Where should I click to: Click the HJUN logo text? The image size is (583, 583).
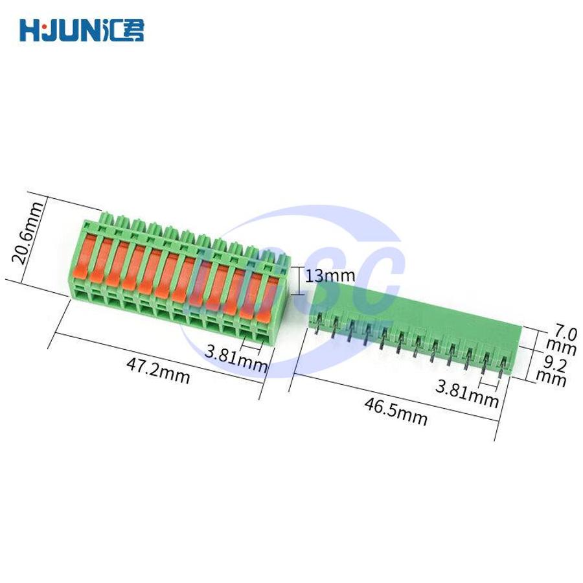[60, 30]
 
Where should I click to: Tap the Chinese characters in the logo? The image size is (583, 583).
[122, 30]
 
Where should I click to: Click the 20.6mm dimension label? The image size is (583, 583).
[27, 233]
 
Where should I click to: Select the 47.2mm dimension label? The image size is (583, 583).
[159, 371]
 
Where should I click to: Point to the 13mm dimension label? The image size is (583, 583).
[330, 276]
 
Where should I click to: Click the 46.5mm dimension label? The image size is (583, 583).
[396, 411]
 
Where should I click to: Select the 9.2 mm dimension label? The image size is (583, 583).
[552, 371]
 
